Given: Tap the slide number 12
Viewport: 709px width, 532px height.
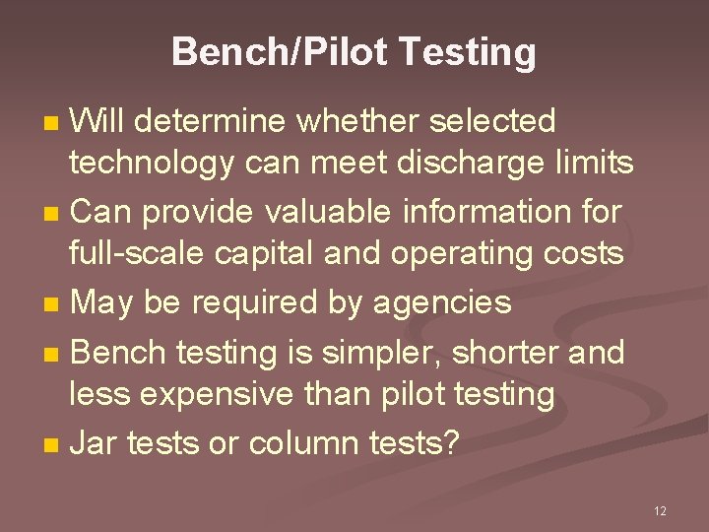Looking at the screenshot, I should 660,510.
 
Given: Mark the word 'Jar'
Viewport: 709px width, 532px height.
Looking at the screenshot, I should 94,443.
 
